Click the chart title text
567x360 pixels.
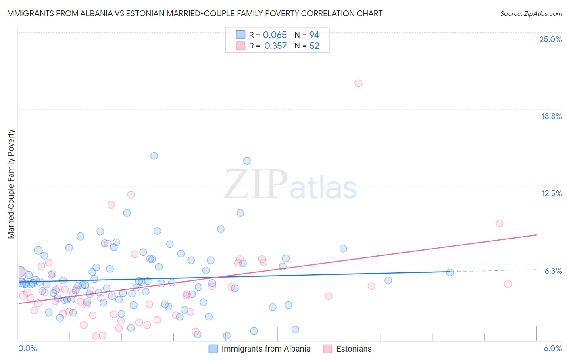[x=194, y=13]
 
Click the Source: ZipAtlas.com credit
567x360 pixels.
[x=531, y=13]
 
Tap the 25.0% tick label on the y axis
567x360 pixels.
[x=550, y=39]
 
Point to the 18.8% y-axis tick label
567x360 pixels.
[x=551, y=116]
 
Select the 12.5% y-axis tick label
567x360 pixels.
[x=551, y=193]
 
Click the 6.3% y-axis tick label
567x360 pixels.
[x=553, y=271]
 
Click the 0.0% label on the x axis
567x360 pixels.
[x=27, y=348]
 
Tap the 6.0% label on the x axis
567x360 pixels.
[x=552, y=348]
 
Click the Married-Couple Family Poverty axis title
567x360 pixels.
[x=11, y=184]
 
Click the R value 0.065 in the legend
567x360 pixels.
[x=275, y=35]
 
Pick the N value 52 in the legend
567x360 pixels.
[x=314, y=46]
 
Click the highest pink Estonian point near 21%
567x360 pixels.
[x=358, y=83]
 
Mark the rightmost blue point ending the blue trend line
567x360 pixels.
[x=450, y=272]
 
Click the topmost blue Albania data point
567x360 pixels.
[x=154, y=156]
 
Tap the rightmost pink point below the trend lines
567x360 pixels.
[x=508, y=284]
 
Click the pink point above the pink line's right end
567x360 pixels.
[x=500, y=224]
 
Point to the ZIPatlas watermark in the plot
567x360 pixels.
[x=290, y=185]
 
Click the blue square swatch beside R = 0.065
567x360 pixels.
[x=240, y=35]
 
